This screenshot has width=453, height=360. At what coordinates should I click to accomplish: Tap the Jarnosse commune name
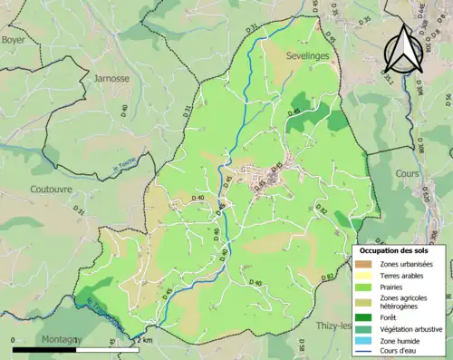(x=112, y=79)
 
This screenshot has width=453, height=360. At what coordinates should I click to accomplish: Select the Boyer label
(x=13, y=41)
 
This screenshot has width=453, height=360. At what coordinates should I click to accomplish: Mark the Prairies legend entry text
(x=394, y=287)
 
